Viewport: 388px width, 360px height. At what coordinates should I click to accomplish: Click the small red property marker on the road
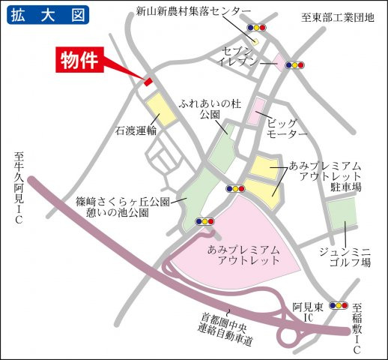point(148,81)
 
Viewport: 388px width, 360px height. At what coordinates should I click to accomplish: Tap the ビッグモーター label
point(286,127)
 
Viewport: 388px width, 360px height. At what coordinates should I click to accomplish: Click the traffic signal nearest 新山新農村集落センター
point(255,27)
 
